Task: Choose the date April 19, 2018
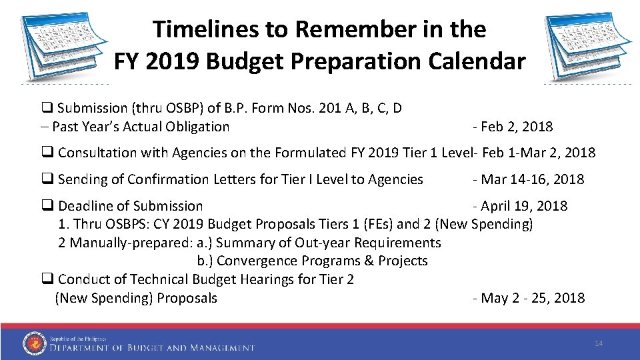[523, 206]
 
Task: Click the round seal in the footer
[35, 343]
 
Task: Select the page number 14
[598, 343]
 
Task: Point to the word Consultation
[98, 153]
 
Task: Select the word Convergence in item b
[256, 261]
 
